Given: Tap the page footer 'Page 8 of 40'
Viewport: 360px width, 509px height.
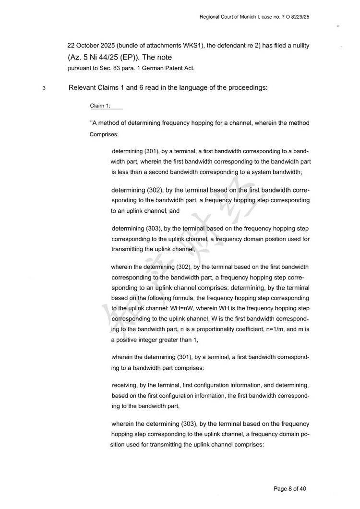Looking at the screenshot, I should pos(289,489).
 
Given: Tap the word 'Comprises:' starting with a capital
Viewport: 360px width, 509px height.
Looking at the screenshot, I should pos(104,134).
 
